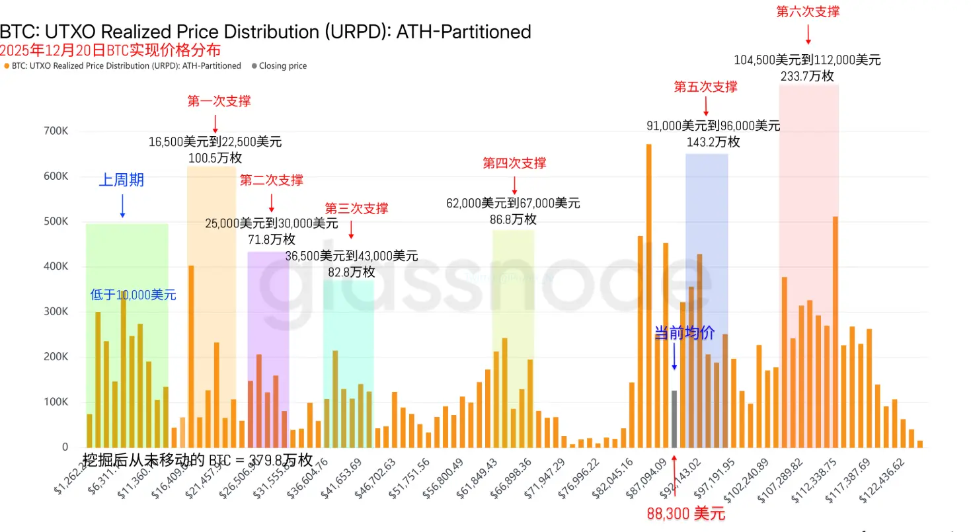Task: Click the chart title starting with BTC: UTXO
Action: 265,31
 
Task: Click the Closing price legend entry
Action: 282,66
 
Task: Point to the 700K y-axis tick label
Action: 56,131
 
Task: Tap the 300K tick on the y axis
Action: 56,312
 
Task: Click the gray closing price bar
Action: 674,419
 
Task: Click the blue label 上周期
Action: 122,180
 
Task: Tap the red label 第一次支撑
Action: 219,101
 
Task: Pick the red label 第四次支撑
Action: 514,163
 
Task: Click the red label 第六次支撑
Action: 808,11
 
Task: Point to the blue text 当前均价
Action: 684,334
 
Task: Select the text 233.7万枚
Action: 807,76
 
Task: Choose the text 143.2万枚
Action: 713,142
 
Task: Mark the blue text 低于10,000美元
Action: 133,295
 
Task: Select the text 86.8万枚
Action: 513,219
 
